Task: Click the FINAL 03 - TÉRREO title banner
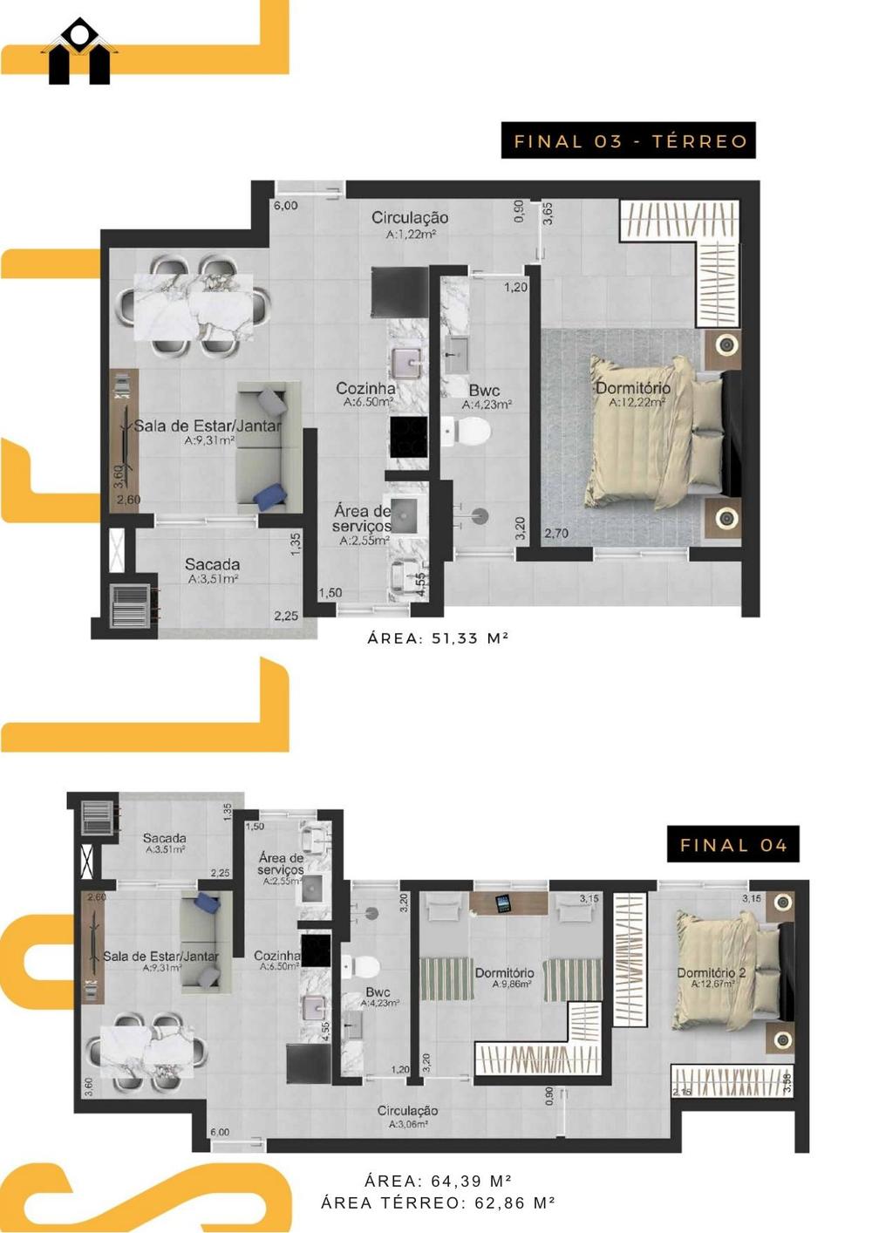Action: point(628,140)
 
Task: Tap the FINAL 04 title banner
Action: point(732,844)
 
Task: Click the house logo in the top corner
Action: point(79,52)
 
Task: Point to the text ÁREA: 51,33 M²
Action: point(438,637)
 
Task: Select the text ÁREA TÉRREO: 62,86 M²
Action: point(438,1202)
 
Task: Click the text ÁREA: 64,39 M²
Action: point(438,1181)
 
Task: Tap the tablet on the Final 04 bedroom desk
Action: point(503,904)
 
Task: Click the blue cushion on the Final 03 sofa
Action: point(270,494)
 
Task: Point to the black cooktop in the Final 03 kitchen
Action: point(408,438)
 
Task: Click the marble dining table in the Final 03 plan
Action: point(194,307)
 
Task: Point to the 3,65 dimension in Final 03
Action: point(548,213)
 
